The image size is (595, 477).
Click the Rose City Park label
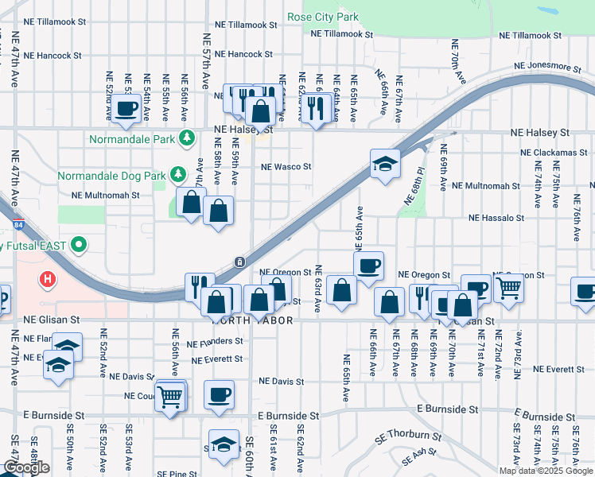(323, 17)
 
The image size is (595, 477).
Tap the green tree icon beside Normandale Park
(187, 138)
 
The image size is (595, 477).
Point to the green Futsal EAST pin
(78, 245)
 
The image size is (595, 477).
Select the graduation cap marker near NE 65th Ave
(385, 164)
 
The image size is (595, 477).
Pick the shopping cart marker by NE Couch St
(170, 395)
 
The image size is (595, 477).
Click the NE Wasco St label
(286, 167)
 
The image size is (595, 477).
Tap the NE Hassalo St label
(496, 217)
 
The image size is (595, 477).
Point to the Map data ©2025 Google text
(545, 471)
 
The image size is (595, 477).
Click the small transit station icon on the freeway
(239, 262)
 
